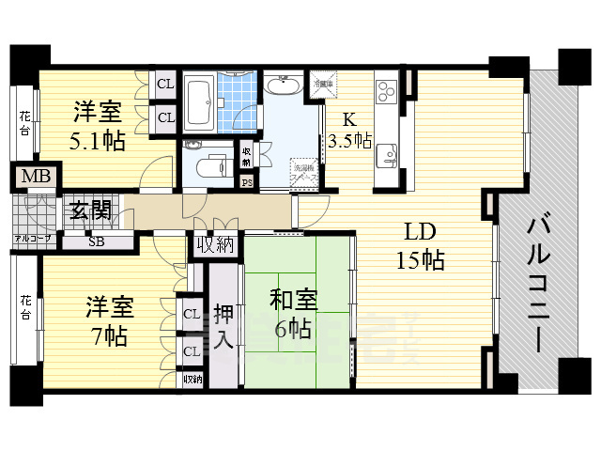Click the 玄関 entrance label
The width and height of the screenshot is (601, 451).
(x=89, y=210)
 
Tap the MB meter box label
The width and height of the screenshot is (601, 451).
(x=36, y=177)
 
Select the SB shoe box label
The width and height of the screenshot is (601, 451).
(x=97, y=241)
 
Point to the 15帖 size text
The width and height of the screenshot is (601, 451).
(x=419, y=260)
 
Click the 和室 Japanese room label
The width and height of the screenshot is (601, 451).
(x=293, y=302)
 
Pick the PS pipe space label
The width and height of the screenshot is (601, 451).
(x=247, y=182)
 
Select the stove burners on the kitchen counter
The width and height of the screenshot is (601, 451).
(x=388, y=92)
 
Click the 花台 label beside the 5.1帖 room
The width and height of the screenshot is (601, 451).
(x=24, y=125)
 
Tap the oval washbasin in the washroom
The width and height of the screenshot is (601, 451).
(x=282, y=87)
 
